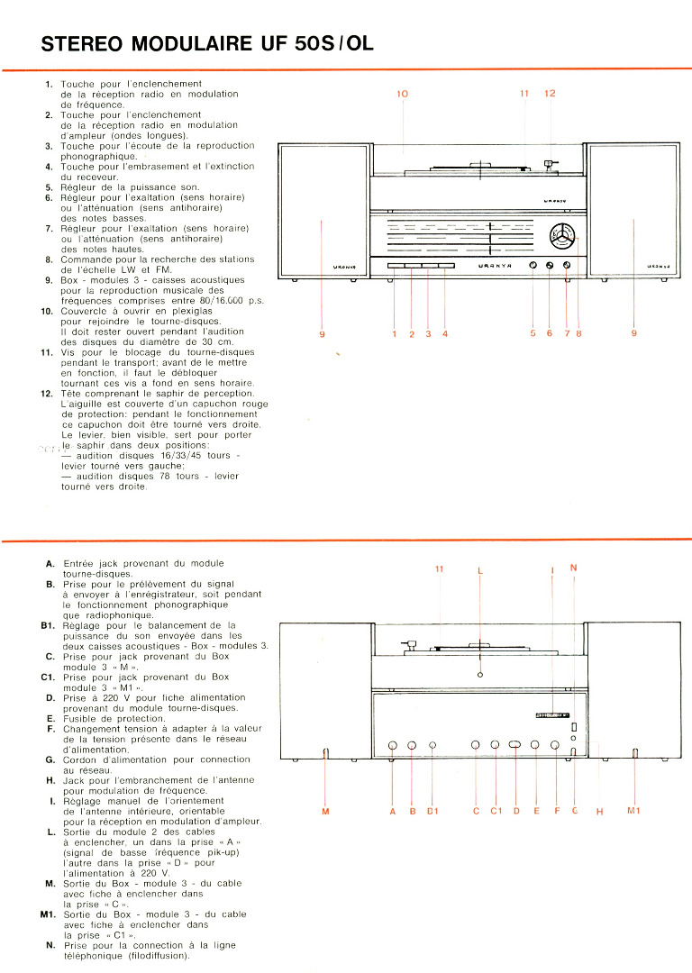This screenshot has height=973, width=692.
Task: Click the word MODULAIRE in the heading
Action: [183, 44]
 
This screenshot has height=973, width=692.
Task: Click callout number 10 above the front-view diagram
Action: [402, 94]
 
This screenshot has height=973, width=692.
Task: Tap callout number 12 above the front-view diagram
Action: [551, 94]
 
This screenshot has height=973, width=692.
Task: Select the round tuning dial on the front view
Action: [562, 237]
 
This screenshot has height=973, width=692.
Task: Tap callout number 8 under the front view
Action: [578, 333]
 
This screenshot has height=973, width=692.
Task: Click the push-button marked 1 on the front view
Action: [396, 266]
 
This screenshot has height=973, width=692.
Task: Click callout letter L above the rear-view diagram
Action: [480, 569]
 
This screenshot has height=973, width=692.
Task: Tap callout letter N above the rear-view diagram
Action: [574, 568]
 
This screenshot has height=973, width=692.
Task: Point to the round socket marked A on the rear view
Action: [393, 745]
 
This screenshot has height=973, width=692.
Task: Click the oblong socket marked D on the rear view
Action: [515, 745]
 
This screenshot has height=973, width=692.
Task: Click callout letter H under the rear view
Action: [599, 812]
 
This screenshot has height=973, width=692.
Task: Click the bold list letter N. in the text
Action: [50, 945]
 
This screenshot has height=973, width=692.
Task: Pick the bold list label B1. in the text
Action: [48, 624]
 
